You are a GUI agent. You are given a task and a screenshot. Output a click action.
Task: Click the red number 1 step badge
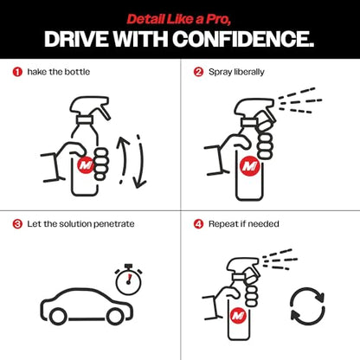click(17, 72)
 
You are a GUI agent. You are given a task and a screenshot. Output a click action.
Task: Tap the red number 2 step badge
click(198, 72)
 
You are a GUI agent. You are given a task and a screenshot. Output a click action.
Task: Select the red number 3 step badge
click(17, 224)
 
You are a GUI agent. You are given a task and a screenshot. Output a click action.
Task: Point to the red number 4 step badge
click(198, 224)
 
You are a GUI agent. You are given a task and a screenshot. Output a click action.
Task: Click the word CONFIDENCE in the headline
click(243, 39)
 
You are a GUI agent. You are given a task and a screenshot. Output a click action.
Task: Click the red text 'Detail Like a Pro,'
click(179, 19)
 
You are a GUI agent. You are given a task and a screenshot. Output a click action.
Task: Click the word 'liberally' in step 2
click(249, 72)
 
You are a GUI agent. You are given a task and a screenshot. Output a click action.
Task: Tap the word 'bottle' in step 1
click(77, 72)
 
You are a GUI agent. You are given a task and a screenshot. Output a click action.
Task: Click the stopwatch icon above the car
click(128, 279)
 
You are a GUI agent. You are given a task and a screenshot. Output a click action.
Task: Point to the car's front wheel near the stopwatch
click(115, 316)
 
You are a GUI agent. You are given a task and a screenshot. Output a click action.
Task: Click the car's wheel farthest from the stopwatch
click(58, 316)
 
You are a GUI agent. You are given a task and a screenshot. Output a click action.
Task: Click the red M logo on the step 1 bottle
click(87, 165)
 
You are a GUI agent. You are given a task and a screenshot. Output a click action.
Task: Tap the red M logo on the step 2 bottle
click(249, 166)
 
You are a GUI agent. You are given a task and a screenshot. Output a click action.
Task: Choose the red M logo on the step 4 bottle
click(238, 315)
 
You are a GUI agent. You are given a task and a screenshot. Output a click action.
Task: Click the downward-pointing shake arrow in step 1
click(141, 162)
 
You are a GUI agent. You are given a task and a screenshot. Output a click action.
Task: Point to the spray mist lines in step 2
click(300, 101)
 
